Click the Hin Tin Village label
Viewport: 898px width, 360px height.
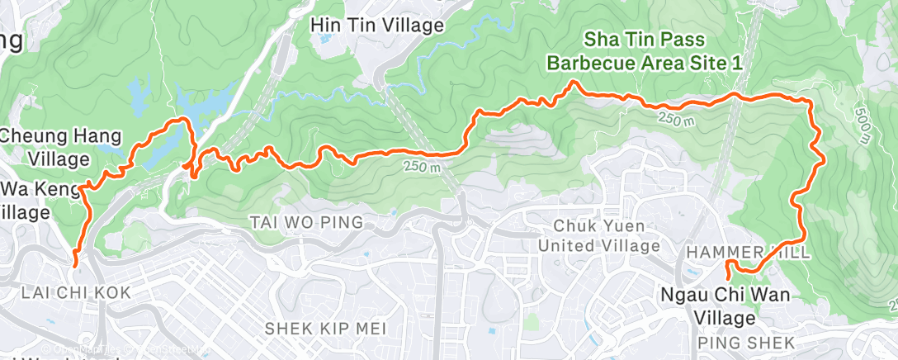376,26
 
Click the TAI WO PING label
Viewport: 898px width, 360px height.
306,221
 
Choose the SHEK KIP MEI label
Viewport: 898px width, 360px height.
325,328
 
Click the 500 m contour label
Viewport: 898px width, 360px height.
863,125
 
